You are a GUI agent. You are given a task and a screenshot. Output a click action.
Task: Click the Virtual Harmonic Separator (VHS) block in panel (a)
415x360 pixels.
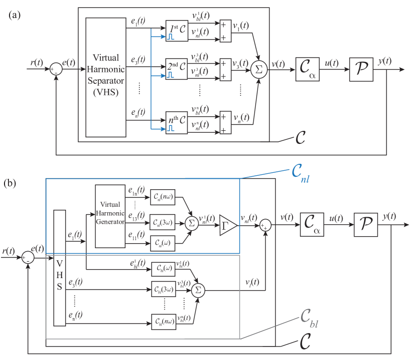[x=106, y=77]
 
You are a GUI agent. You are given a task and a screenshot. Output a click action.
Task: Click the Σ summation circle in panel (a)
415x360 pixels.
[x=258, y=69]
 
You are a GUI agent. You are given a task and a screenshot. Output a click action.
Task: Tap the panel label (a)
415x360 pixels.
[x=14, y=15]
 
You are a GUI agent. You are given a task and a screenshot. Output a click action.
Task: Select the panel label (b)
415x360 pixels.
[x=11, y=184]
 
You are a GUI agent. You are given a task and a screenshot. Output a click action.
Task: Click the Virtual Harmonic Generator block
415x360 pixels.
[x=110, y=216]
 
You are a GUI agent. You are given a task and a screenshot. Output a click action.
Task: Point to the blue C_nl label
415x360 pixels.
[x=301, y=175]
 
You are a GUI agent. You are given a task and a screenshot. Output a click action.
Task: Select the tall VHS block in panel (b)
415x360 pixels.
[x=59, y=268]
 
